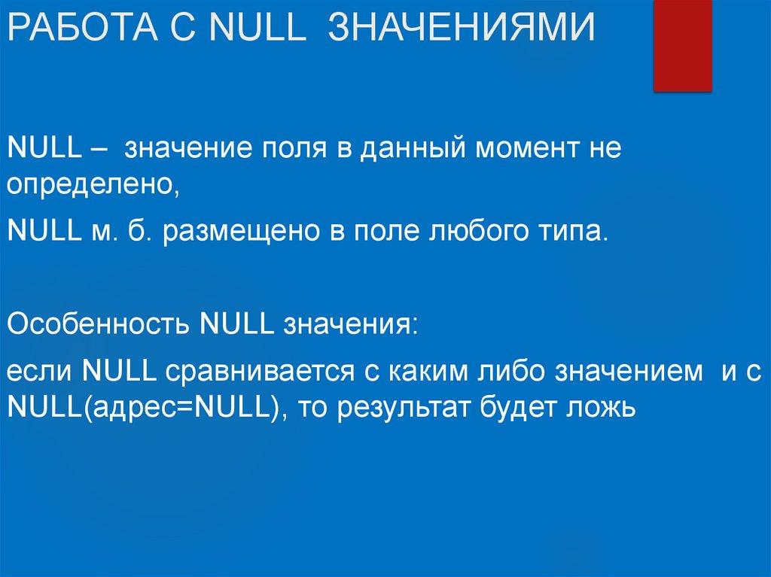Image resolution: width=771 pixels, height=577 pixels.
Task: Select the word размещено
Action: pos(240,231)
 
